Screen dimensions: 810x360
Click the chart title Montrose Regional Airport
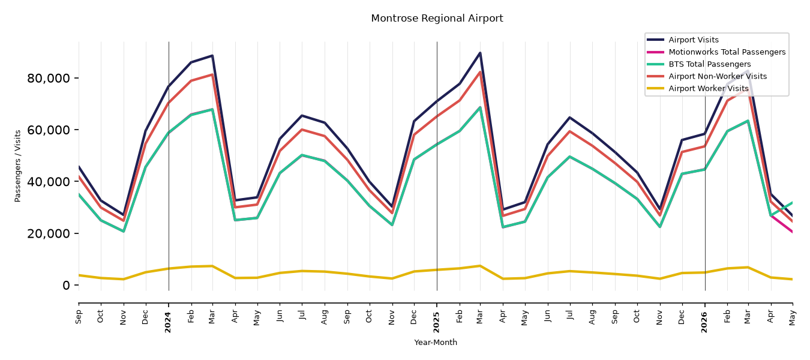(437, 19)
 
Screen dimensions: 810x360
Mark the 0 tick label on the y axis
(66, 285)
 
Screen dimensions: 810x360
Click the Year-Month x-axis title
(436, 342)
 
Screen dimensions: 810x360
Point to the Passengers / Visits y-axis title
(18, 166)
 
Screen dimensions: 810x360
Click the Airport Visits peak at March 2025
(480, 53)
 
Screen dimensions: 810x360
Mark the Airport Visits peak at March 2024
(212, 56)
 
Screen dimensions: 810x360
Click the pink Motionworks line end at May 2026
(792, 232)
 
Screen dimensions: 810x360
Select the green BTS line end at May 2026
(792, 202)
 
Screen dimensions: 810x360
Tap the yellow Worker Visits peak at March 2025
(480, 266)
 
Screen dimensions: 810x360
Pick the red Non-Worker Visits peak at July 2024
(302, 130)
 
